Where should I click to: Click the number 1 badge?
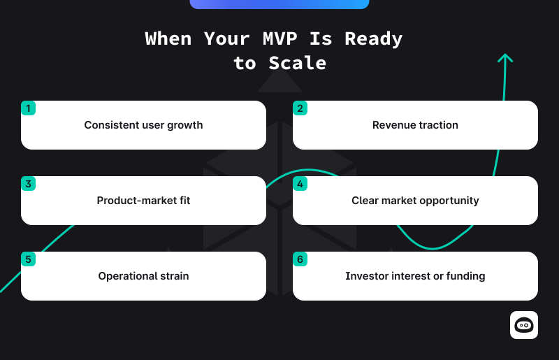click(x=28, y=108)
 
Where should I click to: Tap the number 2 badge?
click(x=300, y=108)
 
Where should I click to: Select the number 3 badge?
click(x=28, y=184)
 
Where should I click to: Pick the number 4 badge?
click(x=300, y=184)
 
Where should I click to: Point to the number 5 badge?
click(x=28, y=259)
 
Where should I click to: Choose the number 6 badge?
click(x=300, y=259)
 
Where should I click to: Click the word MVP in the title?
click(x=280, y=38)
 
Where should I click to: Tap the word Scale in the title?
click(x=298, y=63)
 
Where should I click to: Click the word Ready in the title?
click(x=373, y=39)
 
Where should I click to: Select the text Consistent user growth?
click(x=143, y=125)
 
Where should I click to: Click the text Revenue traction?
click(x=415, y=125)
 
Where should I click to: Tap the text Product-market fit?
click(x=143, y=201)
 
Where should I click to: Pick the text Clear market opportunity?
click(x=415, y=201)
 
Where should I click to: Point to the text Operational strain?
click(x=143, y=276)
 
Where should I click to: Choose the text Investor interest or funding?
click(x=415, y=276)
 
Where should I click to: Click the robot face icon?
click(x=523, y=325)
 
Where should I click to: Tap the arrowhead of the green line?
click(x=505, y=58)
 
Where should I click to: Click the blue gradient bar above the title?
click(x=279, y=4)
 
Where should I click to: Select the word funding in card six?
click(x=465, y=276)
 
